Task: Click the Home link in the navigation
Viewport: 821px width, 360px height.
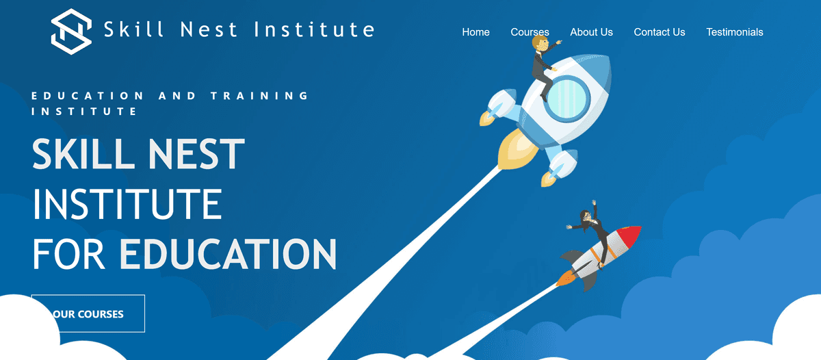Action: [475, 32]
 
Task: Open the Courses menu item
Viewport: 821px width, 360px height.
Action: [530, 32]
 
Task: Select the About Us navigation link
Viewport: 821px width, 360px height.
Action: [591, 32]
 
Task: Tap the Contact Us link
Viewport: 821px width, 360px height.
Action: [659, 32]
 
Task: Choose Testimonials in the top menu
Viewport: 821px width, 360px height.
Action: [734, 32]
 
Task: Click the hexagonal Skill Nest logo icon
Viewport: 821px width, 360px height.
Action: [71, 29]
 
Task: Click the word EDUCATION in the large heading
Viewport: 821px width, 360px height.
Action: [228, 253]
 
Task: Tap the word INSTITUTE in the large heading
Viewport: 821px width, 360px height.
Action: [127, 204]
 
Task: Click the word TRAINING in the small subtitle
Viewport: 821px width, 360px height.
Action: [259, 96]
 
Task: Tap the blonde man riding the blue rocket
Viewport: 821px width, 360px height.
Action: [543, 64]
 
